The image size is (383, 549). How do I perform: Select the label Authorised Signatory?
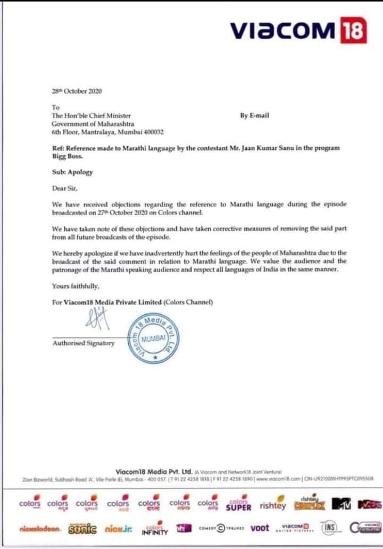tap(84, 343)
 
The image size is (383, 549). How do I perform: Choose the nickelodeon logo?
tap(40, 529)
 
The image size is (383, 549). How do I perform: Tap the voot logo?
tap(260, 528)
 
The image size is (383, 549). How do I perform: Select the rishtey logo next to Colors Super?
tap(272, 505)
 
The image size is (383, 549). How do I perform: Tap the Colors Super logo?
tap(238, 504)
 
